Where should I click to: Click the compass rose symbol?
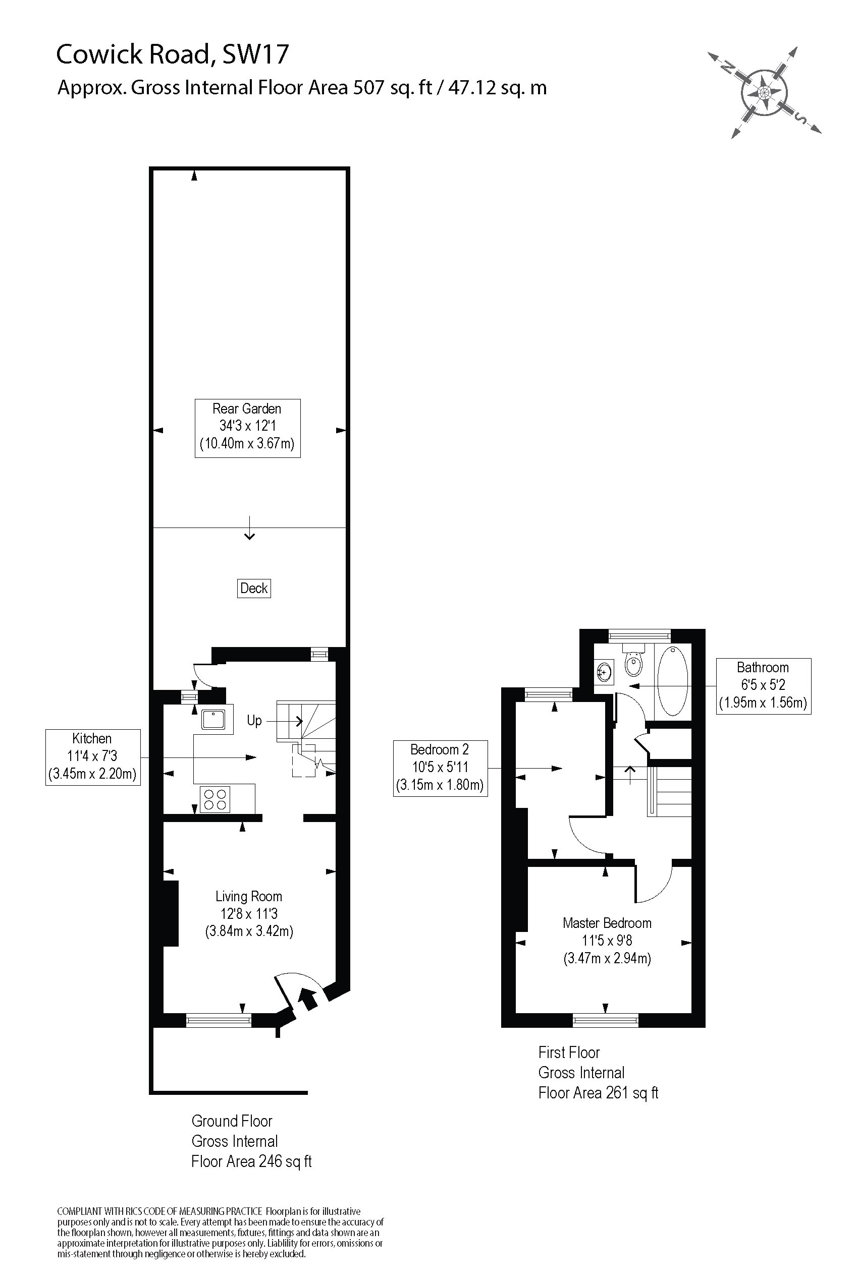point(765,91)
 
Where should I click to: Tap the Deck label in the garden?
point(254,589)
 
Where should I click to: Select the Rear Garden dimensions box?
point(247,428)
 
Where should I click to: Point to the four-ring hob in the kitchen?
point(215,799)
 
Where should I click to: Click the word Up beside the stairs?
point(254,721)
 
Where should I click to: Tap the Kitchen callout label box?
point(92,757)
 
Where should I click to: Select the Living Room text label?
point(248,896)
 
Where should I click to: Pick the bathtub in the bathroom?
point(672,681)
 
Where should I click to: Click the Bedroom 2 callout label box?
point(440,768)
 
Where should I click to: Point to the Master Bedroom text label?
point(607,923)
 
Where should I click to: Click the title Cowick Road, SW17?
point(173,54)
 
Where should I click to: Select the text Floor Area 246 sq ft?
point(251,1161)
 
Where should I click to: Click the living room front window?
point(219,1019)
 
